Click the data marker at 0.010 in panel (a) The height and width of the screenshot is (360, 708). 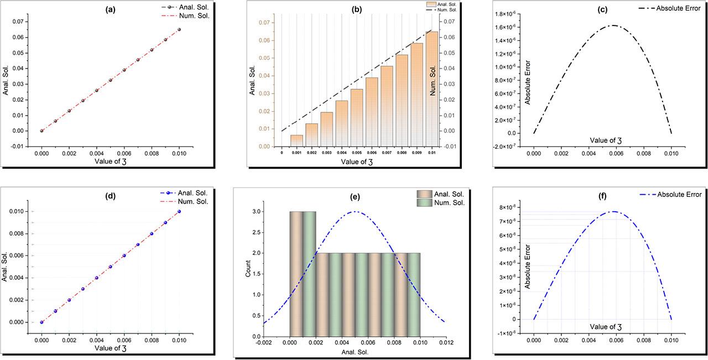179,29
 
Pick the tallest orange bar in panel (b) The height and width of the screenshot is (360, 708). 431,88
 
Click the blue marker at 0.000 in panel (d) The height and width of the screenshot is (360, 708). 41,322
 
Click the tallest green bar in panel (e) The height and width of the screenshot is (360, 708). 309,274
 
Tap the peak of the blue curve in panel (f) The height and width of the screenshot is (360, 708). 613,212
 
